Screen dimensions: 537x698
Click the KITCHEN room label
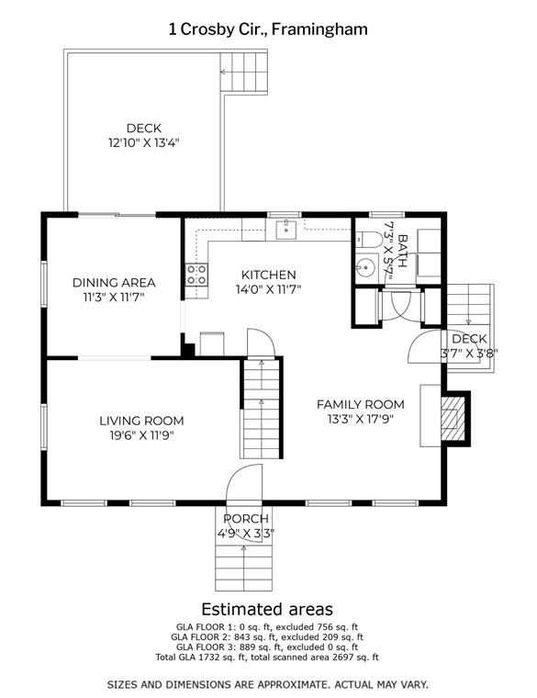pyautogui.click(x=268, y=275)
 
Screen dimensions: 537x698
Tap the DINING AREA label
pyautogui.click(x=114, y=283)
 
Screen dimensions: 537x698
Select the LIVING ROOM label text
pyautogui.click(x=141, y=421)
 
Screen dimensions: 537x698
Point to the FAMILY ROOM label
pyautogui.click(x=361, y=405)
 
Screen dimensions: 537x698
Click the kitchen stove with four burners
pyautogui.click(x=196, y=275)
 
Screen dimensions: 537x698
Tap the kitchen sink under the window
pyautogui.click(x=286, y=230)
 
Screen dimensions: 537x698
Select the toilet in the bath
pyautogui.click(x=369, y=240)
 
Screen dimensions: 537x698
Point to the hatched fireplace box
pyautogui.click(x=453, y=418)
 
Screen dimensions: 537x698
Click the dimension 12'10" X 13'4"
pyautogui.click(x=144, y=143)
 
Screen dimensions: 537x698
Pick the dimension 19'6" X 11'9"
pyautogui.click(x=141, y=435)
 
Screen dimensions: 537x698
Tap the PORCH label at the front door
pyautogui.click(x=246, y=519)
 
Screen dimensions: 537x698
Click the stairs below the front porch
pyautogui.click(x=243, y=568)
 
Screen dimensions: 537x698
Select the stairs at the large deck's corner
pyautogui.click(x=244, y=73)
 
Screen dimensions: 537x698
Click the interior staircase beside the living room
pyautogui.click(x=262, y=409)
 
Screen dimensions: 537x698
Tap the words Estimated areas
pyautogui.click(x=267, y=609)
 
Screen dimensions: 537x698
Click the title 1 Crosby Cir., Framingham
pyautogui.click(x=268, y=29)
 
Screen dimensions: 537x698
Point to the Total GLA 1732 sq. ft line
pyautogui.click(x=267, y=657)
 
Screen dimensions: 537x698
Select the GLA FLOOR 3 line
pyautogui.click(x=267, y=647)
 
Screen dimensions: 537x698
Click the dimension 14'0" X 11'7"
pyautogui.click(x=268, y=289)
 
